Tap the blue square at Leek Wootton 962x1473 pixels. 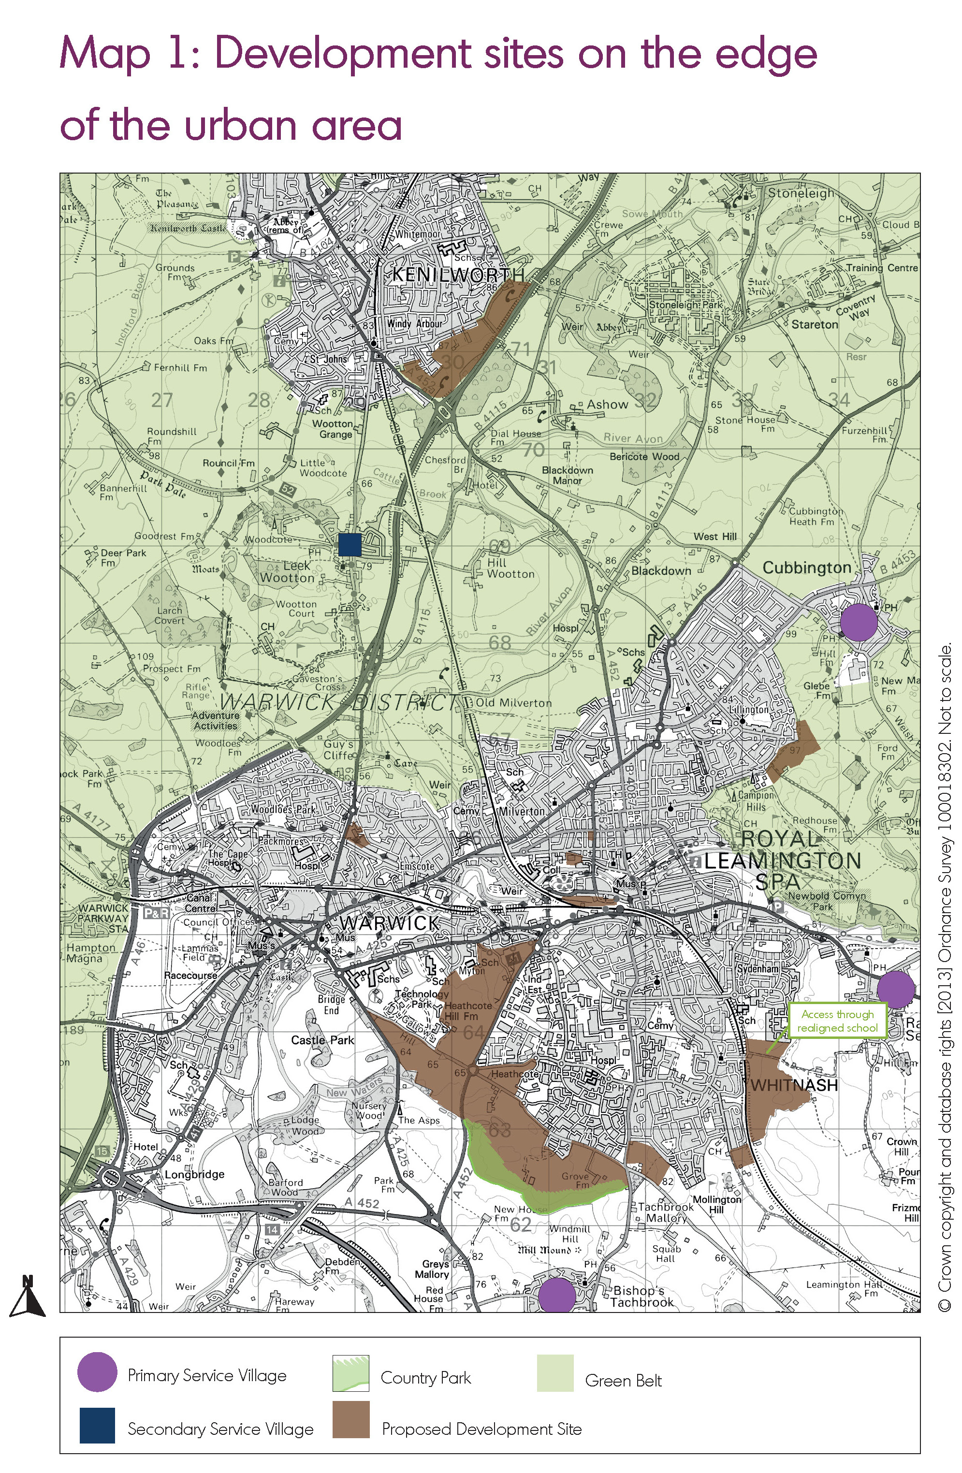pyautogui.click(x=350, y=545)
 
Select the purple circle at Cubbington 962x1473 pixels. pyautogui.click(x=858, y=622)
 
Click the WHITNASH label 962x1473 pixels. pyautogui.click(x=794, y=1085)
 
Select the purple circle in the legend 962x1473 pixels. pyautogui.click(x=97, y=1372)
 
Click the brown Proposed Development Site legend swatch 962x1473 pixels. pyautogui.click(x=351, y=1420)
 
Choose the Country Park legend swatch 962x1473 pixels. pyautogui.click(x=351, y=1373)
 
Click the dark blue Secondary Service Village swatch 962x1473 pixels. pyautogui.click(x=97, y=1425)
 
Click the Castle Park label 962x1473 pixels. pyautogui.click(x=322, y=1040)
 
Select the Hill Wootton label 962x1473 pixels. pyautogui.click(x=510, y=568)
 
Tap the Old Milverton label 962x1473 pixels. pyautogui.click(x=513, y=703)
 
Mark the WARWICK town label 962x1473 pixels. pyautogui.click(x=389, y=923)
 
